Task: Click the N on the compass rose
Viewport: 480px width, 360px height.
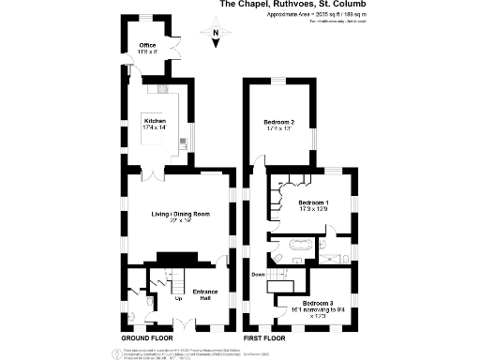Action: (215, 33)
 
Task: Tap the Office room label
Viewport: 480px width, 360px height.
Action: (147, 44)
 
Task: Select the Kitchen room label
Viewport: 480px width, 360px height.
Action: (154, 121)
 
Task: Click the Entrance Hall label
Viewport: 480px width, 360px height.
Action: (205, 296)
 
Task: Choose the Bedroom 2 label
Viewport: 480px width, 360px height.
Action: (278, 122)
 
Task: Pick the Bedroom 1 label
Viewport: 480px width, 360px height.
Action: (313, 202)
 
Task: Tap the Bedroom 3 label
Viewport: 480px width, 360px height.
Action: (318, 302)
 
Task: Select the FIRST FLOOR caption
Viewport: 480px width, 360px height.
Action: (264, 337)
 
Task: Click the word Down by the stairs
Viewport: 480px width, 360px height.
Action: (259, 274)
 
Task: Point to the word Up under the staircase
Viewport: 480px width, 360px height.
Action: (178, 300)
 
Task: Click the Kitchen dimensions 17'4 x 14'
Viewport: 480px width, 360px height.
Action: (154, 128)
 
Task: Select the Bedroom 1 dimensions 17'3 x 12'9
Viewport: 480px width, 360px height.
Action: (313, 210)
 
